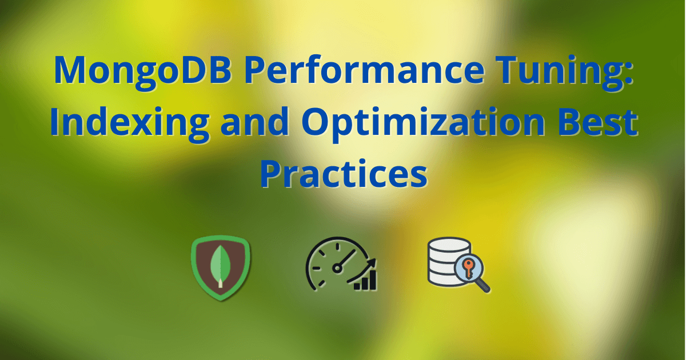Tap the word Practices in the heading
pos(344,174)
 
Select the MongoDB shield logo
pos(220,268)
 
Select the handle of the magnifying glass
pos(484,286)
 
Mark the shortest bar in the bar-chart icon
pos(357,286)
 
